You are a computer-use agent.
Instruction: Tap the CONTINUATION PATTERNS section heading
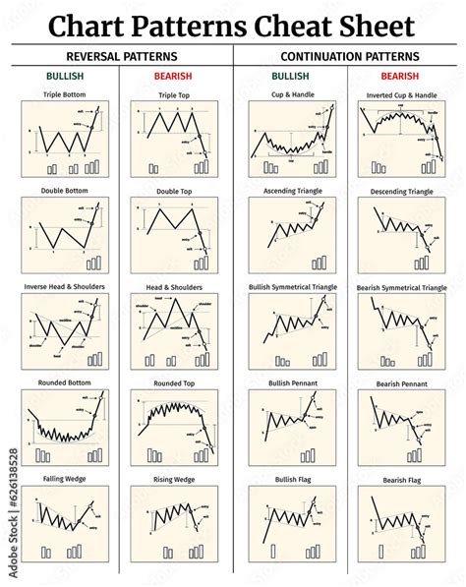(349, 56)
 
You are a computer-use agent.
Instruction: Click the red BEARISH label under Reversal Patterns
(173, 75)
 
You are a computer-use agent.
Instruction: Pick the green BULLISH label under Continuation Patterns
(290, 75)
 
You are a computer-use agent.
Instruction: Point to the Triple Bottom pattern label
(65, 95)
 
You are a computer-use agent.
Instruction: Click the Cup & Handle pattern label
(290, 95)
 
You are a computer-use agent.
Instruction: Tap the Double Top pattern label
(173, 192)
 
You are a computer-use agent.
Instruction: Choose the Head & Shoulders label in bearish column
(173, 287)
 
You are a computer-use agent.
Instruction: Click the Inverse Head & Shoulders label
(65, 287)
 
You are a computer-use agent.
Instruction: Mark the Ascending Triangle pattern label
(290, 192)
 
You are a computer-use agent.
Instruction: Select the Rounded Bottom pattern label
(65, 382)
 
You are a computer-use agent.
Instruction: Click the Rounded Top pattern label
(173, 382)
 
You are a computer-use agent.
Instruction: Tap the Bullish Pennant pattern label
(290, 382)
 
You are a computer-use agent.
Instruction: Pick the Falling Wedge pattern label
(65, 479)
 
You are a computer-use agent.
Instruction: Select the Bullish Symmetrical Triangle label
(290, 287)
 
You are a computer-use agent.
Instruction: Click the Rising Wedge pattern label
(173, 479)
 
